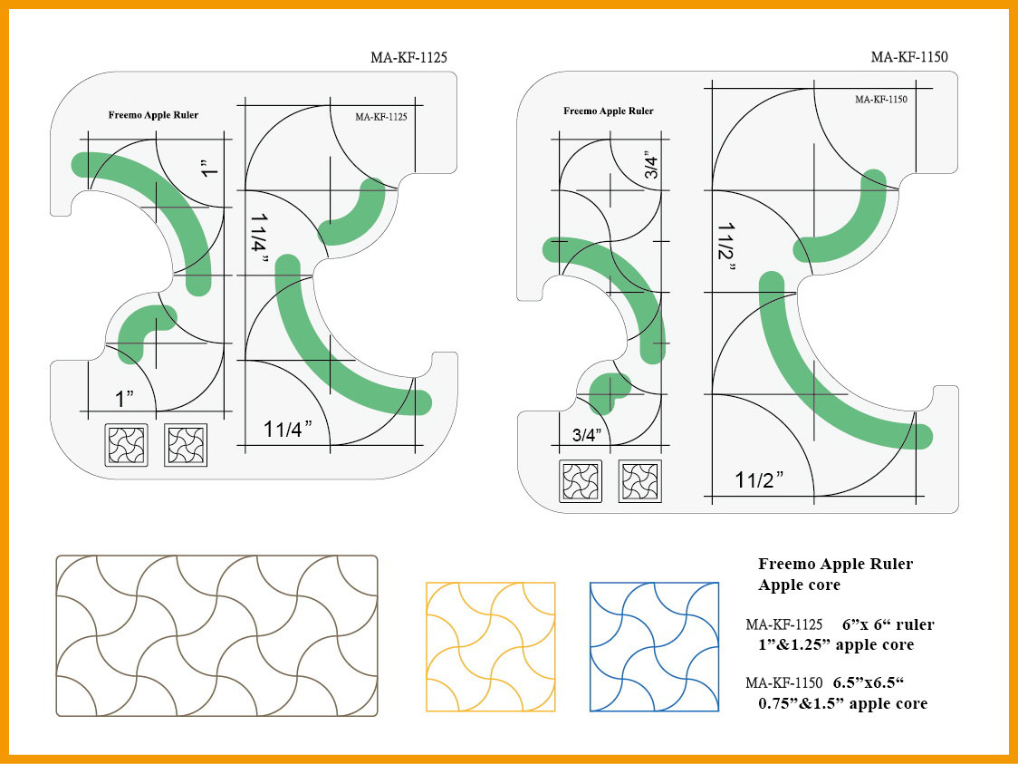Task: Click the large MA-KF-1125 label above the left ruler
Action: click(408, 57)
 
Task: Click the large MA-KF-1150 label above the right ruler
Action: click(909, 56)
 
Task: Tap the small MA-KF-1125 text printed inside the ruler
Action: click(381, 117)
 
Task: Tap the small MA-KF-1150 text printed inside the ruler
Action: click(881, 100)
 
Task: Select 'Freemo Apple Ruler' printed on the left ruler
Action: click(153, 115)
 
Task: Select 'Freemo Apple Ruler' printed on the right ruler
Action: click(609, 111)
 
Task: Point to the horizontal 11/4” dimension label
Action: click(288, 429)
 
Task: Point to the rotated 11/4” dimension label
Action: click(258, 239)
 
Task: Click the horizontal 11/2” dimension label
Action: click(759, 479)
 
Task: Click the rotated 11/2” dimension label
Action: click(725, 248)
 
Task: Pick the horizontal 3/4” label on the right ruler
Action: click(587, 435)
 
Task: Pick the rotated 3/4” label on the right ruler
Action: click(651, 165)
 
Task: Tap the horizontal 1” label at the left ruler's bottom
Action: click(124, 399)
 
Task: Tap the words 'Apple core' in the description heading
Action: click(799, 585)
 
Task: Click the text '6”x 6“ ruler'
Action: click(888, 624)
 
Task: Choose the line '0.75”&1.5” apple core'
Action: click(842, 703)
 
